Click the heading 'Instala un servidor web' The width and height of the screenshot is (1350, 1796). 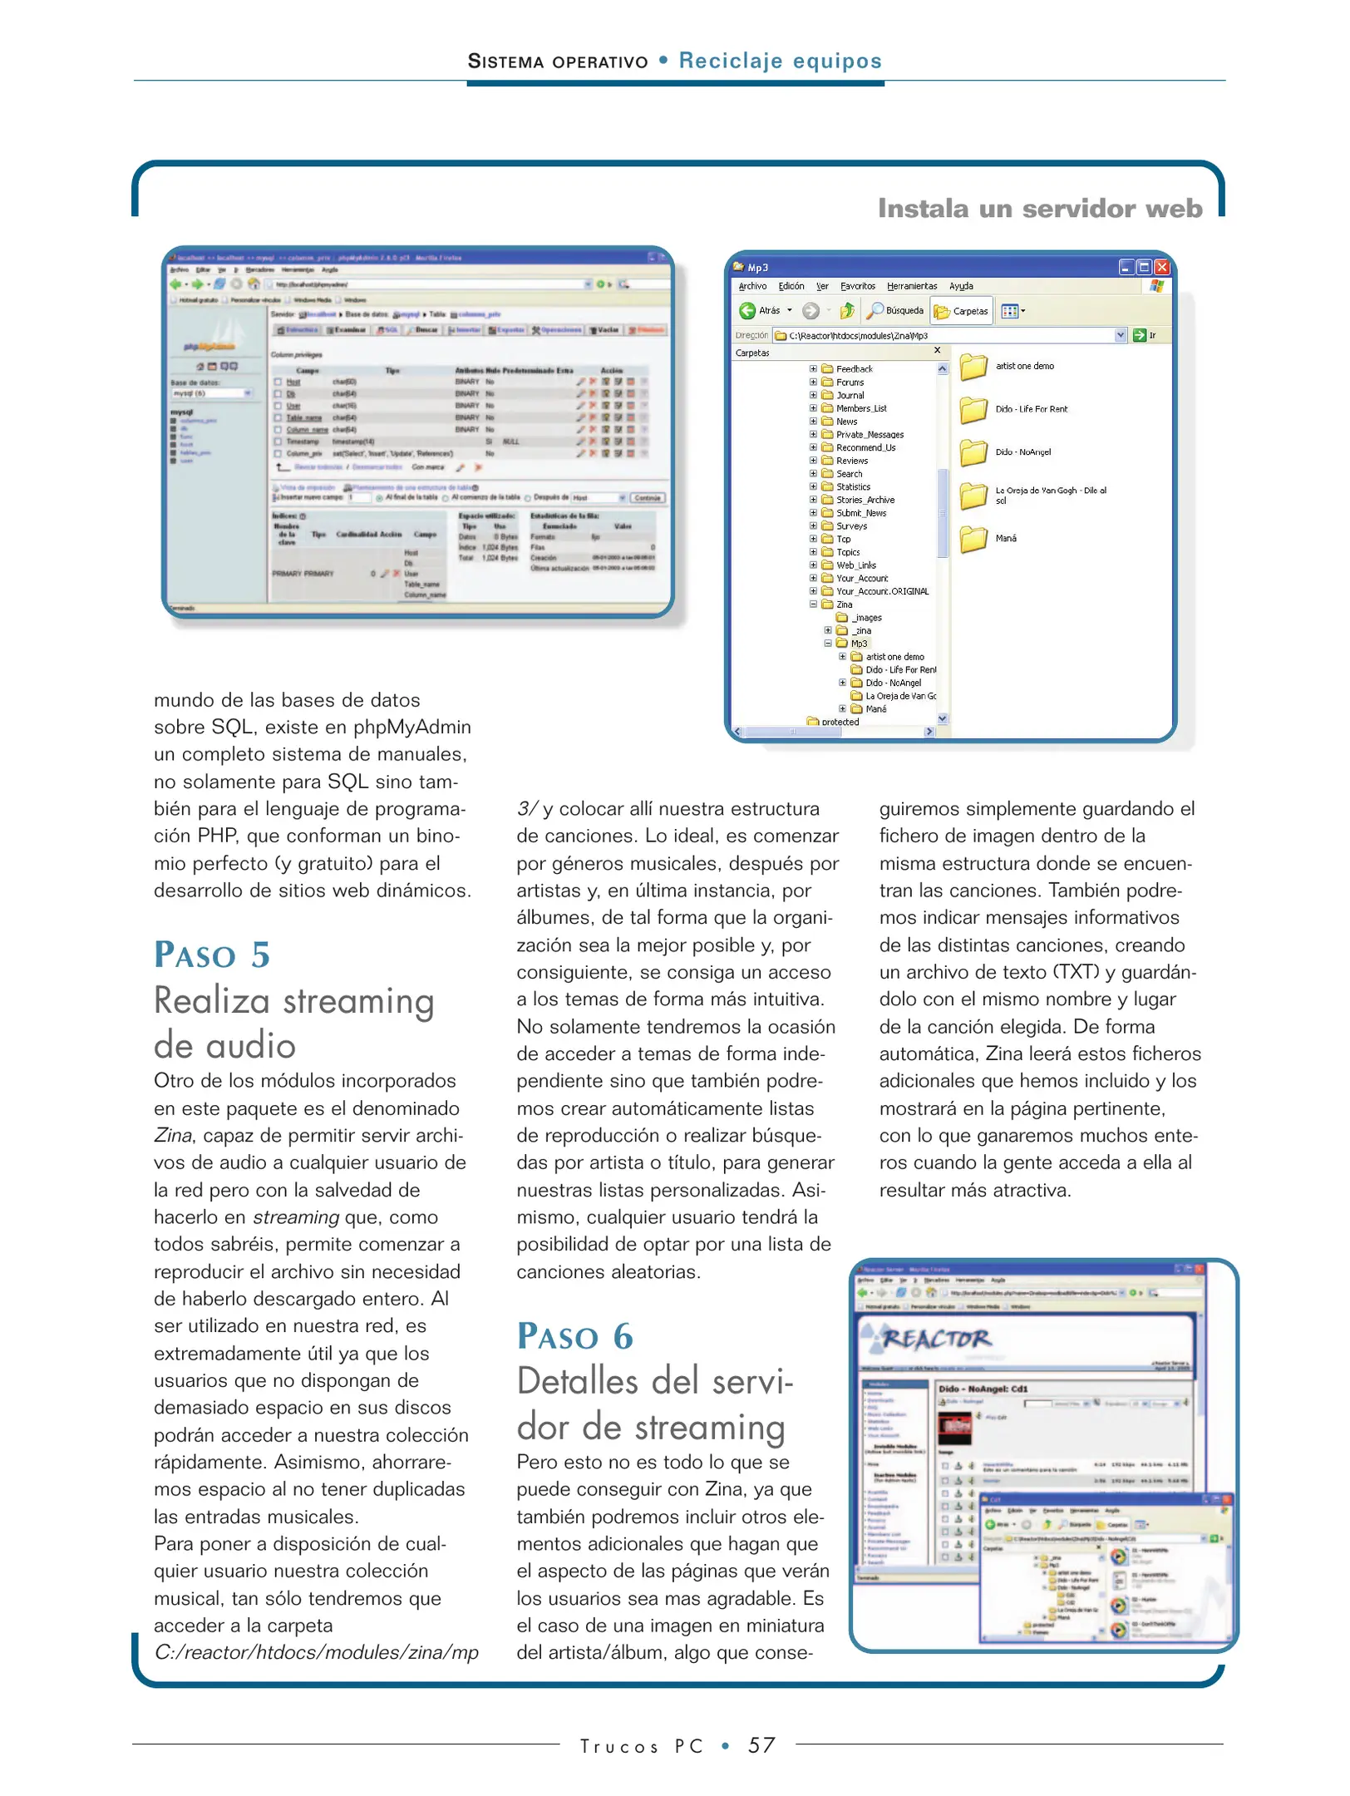tap(1039, 208)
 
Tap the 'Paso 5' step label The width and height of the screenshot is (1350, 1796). tap(212, 955)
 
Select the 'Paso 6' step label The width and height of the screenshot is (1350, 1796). tap(575, 1337)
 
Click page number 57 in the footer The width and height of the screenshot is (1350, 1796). tap(761, 1745)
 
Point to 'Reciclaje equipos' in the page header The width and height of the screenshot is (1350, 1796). tap(780, 61)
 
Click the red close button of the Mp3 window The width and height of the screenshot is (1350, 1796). tap(1161, 267)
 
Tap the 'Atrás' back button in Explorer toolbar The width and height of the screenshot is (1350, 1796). tap(761, 311)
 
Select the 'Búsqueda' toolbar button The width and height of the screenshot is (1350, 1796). tap(895, 311)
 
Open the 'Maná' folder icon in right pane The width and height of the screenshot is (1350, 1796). tap(973, 539)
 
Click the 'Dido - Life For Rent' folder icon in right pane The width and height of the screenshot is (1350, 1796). tap(973, 410)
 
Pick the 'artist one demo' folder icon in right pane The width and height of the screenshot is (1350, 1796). tap(973, 367)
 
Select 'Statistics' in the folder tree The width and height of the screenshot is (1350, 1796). tap(853, 487)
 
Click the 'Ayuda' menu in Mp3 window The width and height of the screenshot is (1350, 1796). tap(961, 286)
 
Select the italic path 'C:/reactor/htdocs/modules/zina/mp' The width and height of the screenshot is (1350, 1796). tap(316, 1653)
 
